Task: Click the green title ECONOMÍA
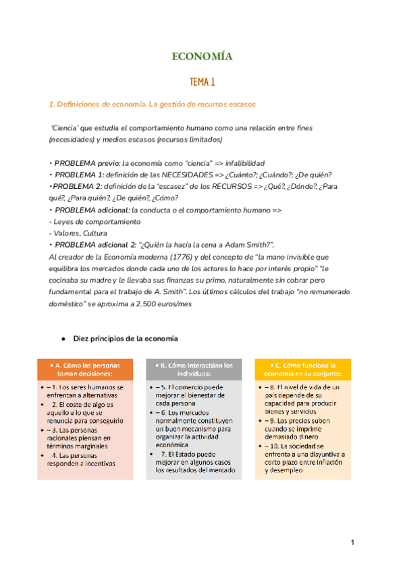coord(202,57)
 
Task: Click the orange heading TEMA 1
coord(202,82)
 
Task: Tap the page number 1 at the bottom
coord(352,543)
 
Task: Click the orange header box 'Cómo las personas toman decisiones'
coord(84,369)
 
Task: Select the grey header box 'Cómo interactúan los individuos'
coord(194,369)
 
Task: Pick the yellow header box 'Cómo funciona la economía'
coord(303,369)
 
